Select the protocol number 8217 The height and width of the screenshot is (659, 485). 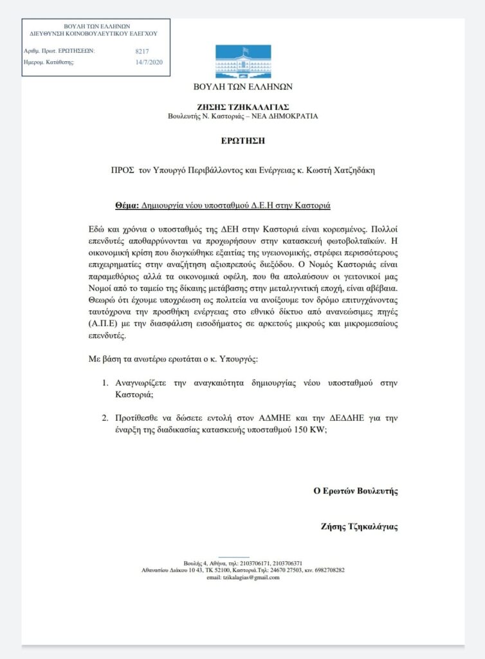142,51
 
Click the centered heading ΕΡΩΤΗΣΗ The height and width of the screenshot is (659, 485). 243,140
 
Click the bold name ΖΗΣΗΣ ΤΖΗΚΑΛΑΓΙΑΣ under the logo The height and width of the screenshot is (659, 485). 243,106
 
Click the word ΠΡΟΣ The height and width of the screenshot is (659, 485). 121,171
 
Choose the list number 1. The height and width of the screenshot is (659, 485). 106,383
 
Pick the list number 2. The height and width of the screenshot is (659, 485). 106,418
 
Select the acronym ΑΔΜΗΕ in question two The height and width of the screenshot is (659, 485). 241,418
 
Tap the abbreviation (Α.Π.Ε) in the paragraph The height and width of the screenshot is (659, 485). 105,326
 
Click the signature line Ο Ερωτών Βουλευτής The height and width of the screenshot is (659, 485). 355,491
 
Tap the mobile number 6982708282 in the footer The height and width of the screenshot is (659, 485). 327,570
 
